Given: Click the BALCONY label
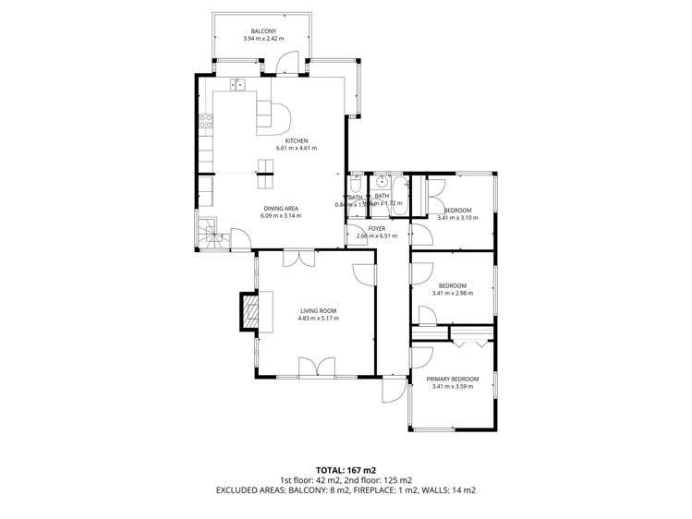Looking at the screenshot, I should click(263, 30).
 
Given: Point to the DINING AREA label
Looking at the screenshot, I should click(281, 208).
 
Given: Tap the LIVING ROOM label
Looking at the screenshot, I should click(318, 310).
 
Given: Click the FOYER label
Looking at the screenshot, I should click(376, 227).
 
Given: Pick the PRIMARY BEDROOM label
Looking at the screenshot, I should click(453, 379).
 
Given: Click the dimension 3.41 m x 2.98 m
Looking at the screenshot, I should click(453, 294).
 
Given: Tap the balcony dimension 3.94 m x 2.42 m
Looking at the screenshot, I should click(263, 39).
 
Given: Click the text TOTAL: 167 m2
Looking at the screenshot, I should click(346, 470).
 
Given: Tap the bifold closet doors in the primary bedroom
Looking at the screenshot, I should click(469, 343).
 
